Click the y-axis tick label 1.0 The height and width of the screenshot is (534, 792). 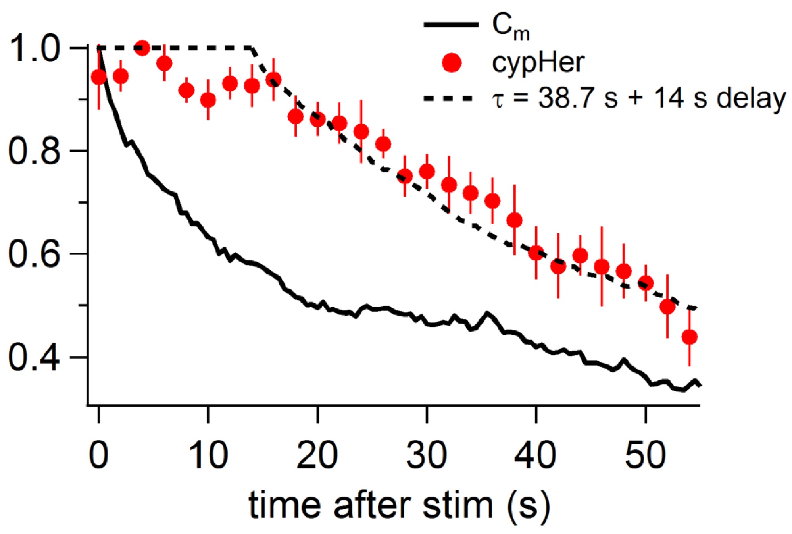click(35, 48)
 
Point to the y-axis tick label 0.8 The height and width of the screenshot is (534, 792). click(35, 151)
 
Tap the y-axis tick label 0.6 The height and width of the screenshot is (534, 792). click(35, 254)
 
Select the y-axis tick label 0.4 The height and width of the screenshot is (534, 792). click(35, 357)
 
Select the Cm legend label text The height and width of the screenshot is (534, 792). click(511, 27)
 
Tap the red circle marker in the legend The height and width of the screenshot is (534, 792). click(452, 63)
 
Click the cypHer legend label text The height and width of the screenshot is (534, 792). click(538, 63)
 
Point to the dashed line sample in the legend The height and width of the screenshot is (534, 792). click(448, 98)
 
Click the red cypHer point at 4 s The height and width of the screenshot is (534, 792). click(142, 48)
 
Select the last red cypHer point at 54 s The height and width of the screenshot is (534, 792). click(689, 337)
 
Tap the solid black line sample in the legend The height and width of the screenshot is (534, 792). click(452, 25)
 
